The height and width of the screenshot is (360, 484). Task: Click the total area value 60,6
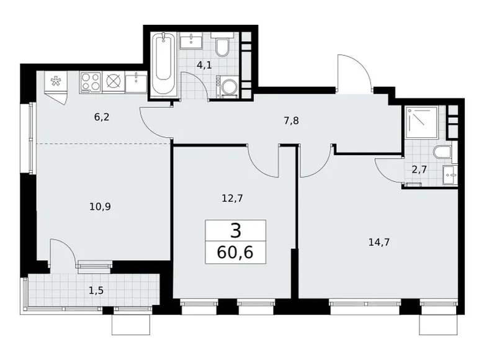235,252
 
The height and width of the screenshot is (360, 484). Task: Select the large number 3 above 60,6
235,232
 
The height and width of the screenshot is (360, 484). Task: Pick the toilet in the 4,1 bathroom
223,47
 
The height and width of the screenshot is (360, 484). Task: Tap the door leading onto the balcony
63,251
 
